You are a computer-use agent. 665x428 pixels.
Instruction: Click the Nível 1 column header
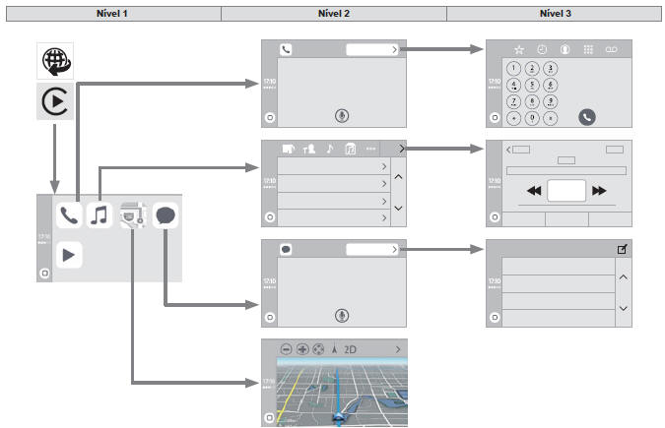[110, 13]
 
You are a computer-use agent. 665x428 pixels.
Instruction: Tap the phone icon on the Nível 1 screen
[69, 214]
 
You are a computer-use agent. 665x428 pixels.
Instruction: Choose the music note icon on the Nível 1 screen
[100, 214]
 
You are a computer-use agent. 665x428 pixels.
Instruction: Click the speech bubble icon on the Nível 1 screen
[166, 214]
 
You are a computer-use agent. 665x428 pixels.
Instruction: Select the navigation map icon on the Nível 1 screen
[132, 214]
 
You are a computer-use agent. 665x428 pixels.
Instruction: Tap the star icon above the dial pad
[519, 48]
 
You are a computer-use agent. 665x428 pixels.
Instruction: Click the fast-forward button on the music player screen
[598, 191]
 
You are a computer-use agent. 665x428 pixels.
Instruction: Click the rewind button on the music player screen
[534, 191]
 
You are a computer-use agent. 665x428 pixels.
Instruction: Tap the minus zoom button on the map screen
[286, 349]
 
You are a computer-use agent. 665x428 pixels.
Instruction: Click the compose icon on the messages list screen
[622, 250]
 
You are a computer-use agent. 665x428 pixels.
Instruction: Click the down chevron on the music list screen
[398, 209]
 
